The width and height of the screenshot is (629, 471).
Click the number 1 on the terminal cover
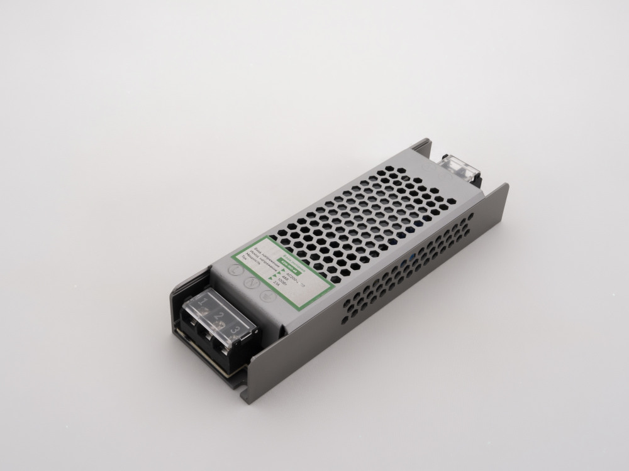(203, 302)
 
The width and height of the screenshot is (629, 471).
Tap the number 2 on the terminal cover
(218, 315)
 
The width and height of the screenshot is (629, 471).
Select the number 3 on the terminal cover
(235, 330)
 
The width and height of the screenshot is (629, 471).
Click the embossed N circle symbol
(249, 283)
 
